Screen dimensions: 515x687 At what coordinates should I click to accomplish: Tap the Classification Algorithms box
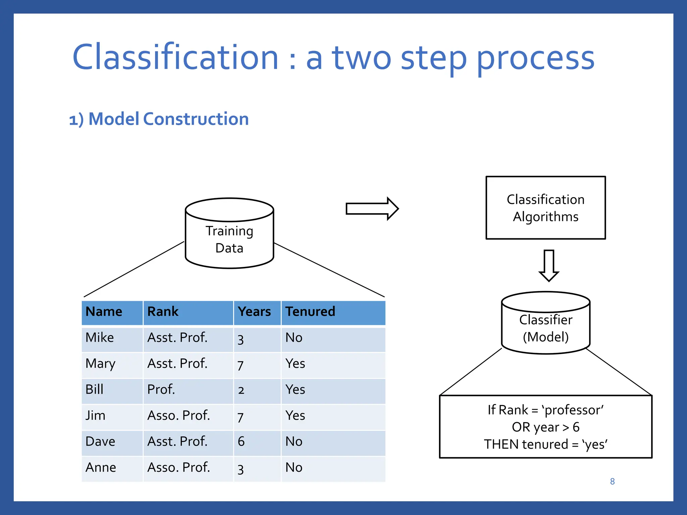coord(545,208)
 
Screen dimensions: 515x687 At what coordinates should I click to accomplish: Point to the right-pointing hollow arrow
coord(372,209)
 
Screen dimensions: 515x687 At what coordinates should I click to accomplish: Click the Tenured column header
coord(310,311)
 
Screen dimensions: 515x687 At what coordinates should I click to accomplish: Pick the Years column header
coord(254,311)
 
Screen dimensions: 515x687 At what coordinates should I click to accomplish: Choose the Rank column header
coord(163,311)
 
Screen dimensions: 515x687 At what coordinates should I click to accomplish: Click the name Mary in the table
coord(100,364)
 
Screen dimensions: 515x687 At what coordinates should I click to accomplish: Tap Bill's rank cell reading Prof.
coord(161,390)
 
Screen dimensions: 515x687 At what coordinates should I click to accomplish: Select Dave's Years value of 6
coord(241,442)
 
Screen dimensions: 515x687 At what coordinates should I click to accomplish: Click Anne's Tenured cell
coord(294,467)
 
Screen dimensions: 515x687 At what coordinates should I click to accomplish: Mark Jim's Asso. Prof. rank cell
coord(178,416)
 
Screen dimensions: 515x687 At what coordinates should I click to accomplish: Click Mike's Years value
coord(241,339)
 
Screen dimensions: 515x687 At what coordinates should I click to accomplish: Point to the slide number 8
coord(612,481)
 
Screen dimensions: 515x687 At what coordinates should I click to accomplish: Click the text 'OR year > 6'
coord(545,427)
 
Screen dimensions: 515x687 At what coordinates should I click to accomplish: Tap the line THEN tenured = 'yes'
coord(545,445)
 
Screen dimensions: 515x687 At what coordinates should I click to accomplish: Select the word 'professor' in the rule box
coord(573,410)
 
